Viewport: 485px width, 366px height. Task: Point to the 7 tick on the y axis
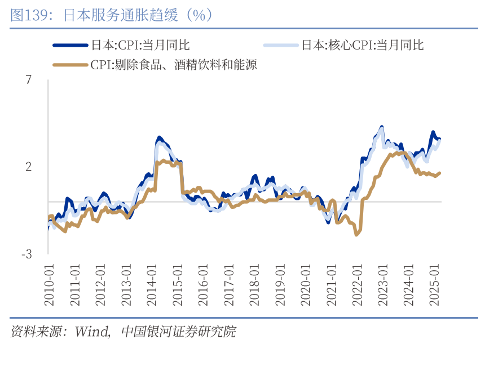29,80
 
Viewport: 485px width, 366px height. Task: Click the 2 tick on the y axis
29,167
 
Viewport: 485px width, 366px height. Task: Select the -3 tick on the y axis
27,255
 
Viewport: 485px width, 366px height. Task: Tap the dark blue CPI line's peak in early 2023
382,127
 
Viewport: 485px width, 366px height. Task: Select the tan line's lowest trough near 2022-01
356,234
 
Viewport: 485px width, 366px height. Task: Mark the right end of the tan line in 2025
440,173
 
